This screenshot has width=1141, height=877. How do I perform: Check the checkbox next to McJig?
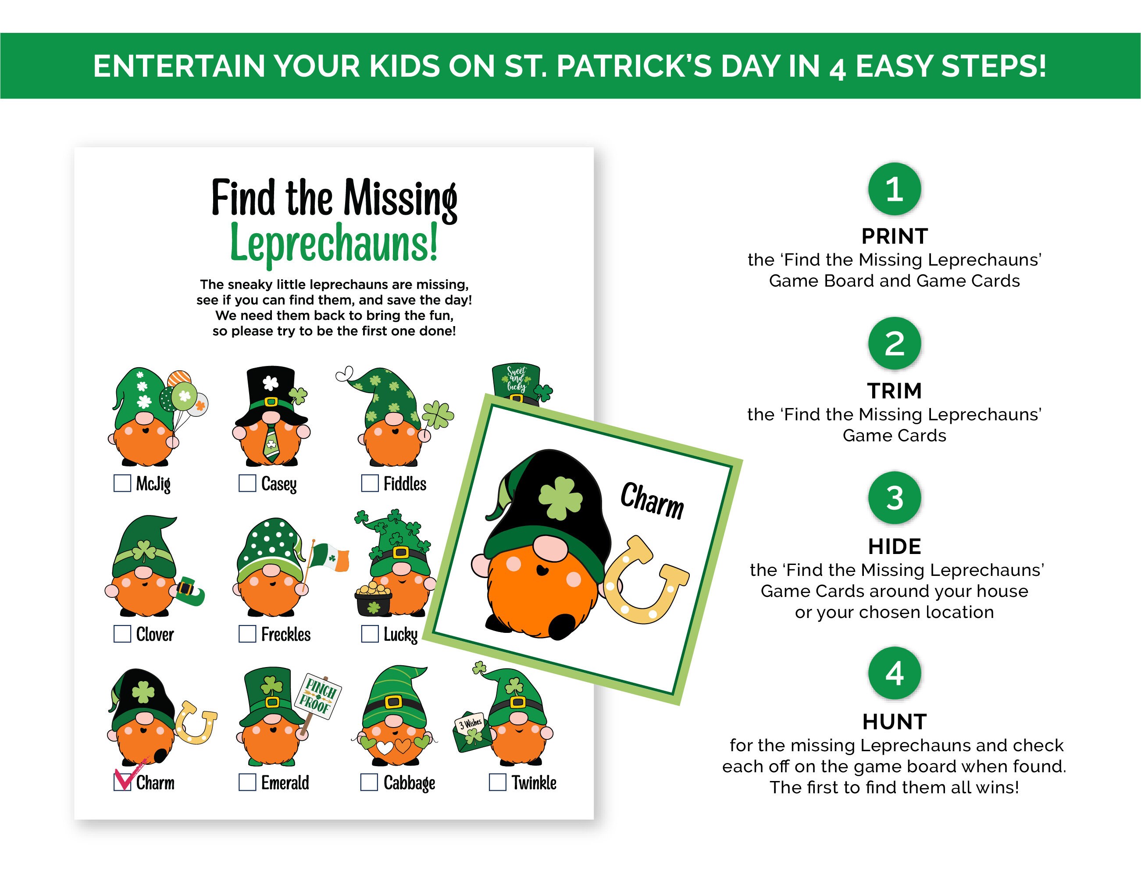(122, 483)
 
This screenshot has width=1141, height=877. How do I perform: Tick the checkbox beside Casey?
(247, 483)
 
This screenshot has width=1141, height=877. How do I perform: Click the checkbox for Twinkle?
(497, 782)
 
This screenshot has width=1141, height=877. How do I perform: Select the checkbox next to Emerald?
(247, 782)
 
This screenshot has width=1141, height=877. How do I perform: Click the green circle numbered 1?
(894, 188)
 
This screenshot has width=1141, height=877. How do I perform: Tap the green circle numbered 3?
(894, 498)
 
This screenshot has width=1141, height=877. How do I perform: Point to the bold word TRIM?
(894, 391)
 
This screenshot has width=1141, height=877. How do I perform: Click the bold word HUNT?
(894, 722)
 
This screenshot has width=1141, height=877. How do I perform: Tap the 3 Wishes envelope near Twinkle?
(471, 731)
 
